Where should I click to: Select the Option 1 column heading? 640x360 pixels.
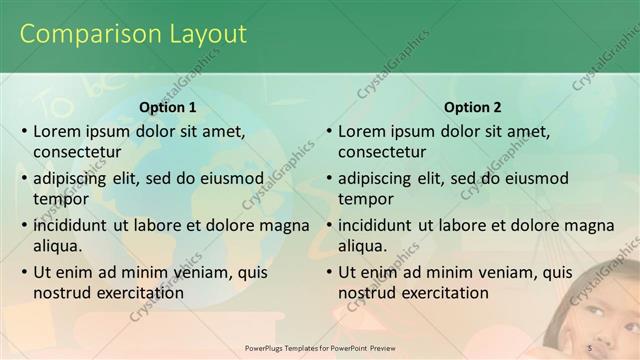(168, 107)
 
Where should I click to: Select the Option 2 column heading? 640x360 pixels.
(473, 107)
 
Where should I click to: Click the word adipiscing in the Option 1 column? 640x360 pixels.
(75, 179)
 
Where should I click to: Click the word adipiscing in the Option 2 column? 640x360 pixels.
(380, 179)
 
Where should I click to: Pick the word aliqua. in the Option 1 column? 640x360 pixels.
(58, 246)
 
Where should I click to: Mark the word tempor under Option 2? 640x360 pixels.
(365, 199)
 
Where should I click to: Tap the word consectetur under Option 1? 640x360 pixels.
(77, 152)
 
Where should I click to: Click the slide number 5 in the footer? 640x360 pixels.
(590, 347)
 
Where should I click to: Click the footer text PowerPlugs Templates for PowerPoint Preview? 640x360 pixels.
(320, 347)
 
